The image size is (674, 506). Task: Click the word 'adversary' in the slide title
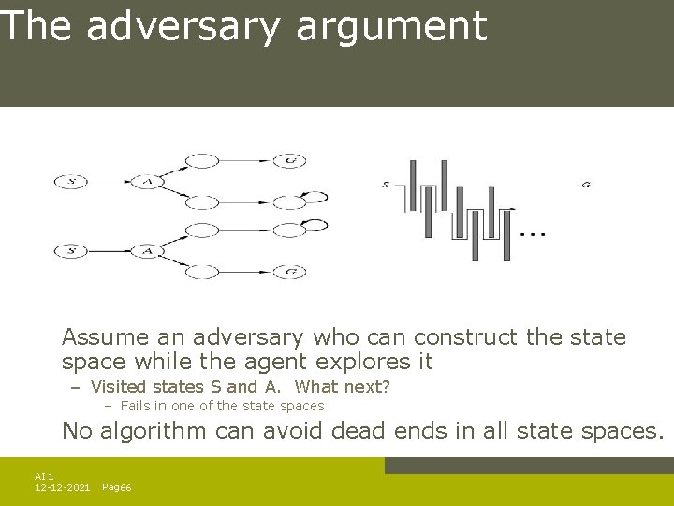click(183, 26)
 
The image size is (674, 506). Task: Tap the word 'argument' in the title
click(391, 28)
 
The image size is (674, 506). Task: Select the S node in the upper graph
click(71, 182)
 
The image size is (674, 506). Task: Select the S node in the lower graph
click(71, 251)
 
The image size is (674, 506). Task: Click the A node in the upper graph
click(146, 181)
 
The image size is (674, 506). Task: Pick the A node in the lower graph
click(146, 251)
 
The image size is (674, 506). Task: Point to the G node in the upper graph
click(290, 161)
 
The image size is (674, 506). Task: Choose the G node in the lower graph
click(290, 272)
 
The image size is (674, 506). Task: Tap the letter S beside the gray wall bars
click(386, 185)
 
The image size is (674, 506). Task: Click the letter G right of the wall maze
click(586, 185)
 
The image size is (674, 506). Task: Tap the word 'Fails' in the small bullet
click(136, 406)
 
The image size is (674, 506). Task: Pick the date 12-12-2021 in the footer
click(62, 488)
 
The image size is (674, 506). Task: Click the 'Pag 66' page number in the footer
click(116, 488)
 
